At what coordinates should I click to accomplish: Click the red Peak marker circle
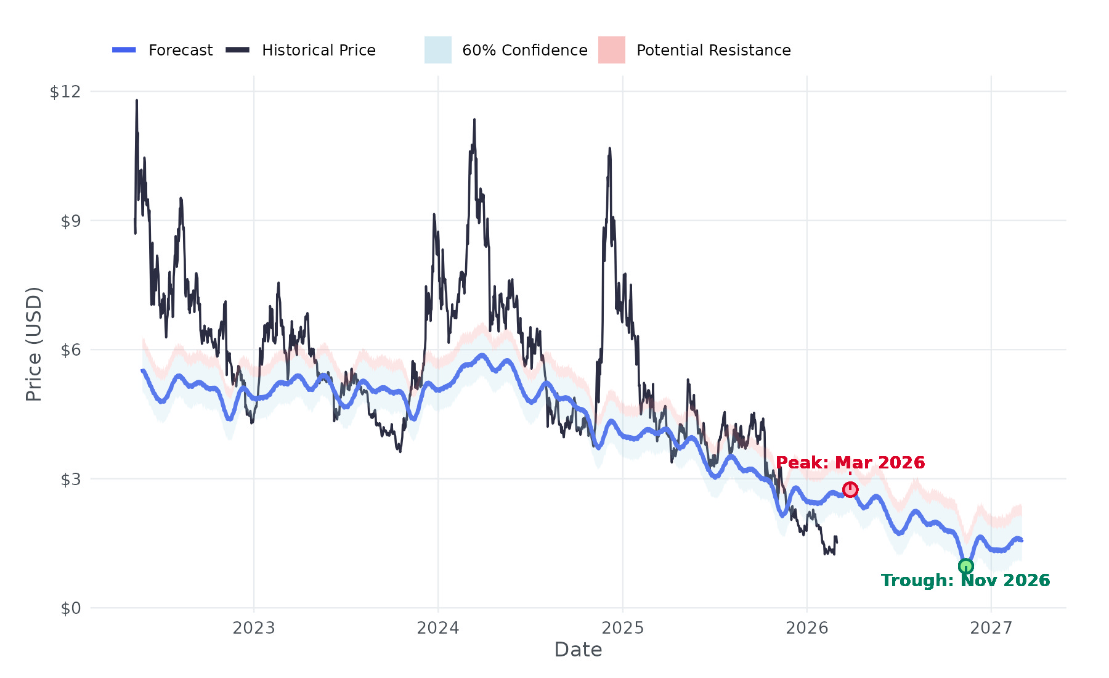click(x=850, y=489)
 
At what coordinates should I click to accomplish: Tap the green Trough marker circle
click(x=965, y=566)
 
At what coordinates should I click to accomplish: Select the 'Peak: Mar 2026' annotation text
click(x=850, y=463)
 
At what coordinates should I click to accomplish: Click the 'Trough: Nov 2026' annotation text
click(x=965, y=581)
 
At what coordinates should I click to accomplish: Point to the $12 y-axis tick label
click(x=65, y=92)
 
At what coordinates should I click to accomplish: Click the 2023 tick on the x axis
click(x=254, y=628)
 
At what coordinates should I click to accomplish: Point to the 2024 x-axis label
click(x=438, y=628)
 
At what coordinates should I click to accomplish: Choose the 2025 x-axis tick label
click(x=622, y=628)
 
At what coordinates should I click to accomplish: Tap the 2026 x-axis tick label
click(x=807, y=628)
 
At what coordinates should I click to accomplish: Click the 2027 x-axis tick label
click(x=991, y=628)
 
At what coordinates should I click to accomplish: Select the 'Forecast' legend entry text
click(x=181, y=51)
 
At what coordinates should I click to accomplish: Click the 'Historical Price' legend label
click(x=319, y=51)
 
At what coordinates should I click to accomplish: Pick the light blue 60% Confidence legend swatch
click(x=438, y=50)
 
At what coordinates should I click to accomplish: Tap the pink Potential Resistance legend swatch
click(x=612, y=50)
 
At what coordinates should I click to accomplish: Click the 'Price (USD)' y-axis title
click(x=34, y=344)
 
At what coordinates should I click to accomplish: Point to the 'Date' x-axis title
click(x=578, y=650)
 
